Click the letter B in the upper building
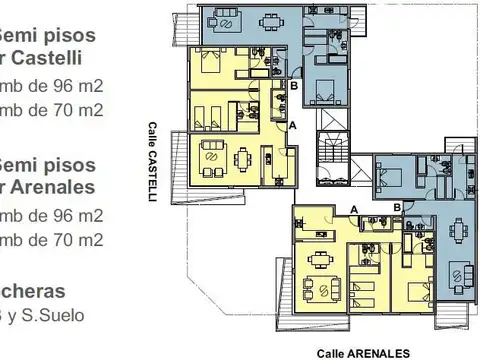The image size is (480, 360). click(293, 87)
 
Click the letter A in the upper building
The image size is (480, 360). click(292, 125)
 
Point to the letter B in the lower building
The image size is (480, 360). click(397, 207)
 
